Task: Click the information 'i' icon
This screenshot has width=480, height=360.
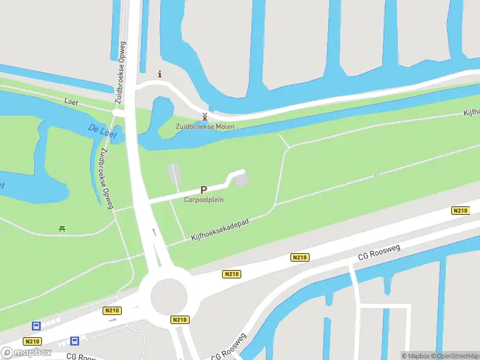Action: click(x=160, y=74)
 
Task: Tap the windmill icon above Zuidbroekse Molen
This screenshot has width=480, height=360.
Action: click(x=205, y=116)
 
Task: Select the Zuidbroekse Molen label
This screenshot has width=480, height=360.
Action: click(x=205, y=127)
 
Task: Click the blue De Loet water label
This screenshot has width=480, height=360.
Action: click(x=101, y=131)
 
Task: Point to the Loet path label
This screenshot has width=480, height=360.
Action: click(x=71, y=102)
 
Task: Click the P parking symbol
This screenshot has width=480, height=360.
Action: click(x=203, y=190)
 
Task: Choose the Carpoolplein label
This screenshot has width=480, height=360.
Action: click(x=203, y=200)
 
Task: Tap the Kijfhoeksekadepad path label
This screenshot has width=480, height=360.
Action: click(x=220, y=230)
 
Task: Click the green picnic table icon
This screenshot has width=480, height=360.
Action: click(x=62, y=228)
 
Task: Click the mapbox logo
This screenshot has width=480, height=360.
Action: click(x=26, y=353)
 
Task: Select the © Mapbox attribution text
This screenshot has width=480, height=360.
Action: click(x=415, y=355)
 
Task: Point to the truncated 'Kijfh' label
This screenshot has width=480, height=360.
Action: click(x=472, y=112)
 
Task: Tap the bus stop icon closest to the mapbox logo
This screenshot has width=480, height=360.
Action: click(x=36, y=326)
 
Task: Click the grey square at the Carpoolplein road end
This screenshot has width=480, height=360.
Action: click(x=241, y=179)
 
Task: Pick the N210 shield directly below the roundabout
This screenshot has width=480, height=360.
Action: click(x=179, y=320)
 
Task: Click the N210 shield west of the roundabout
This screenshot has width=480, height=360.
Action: click(x=111, y=310)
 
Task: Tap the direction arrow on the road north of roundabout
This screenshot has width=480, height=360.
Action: click(x=154, y=231)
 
